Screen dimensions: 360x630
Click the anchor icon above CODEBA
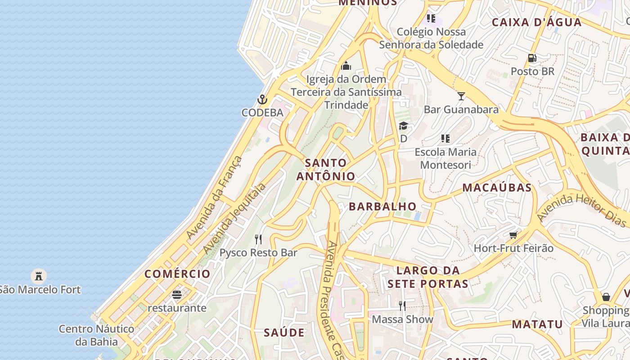pos(262,99)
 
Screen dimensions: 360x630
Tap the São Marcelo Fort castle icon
pos(39,275)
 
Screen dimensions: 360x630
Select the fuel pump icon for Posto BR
pos(532,58)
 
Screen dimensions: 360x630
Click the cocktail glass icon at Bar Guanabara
pos(461,96)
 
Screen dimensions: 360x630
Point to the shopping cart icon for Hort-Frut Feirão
pos(513,234)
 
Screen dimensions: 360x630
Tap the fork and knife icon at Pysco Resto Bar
pos(258,239)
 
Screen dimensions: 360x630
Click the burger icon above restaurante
pos(177,295)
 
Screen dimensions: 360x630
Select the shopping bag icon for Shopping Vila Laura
pos(606,297)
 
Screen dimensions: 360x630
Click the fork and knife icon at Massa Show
pos(402,306)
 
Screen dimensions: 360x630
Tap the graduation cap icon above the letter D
pos(403,126)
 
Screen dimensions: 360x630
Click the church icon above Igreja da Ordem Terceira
pos(346,66)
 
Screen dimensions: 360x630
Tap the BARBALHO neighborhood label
pos(383,207)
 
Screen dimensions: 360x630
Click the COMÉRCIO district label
pos(177,274)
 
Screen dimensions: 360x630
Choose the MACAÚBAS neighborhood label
pos(497,188)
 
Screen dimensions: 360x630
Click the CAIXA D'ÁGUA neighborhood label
pos(536,22)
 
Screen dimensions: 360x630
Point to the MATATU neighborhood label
pos(537,324)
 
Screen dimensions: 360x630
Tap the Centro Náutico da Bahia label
pos(96,335)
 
